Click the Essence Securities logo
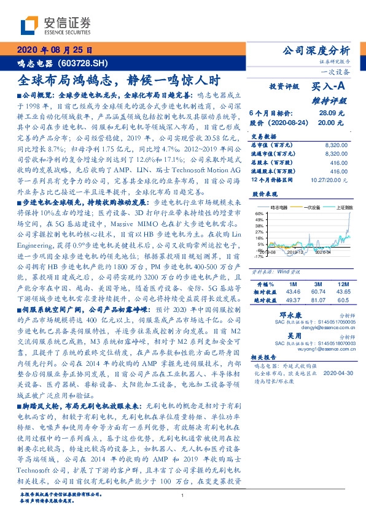tap(55, 26)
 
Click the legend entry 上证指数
tap(340, 207)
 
